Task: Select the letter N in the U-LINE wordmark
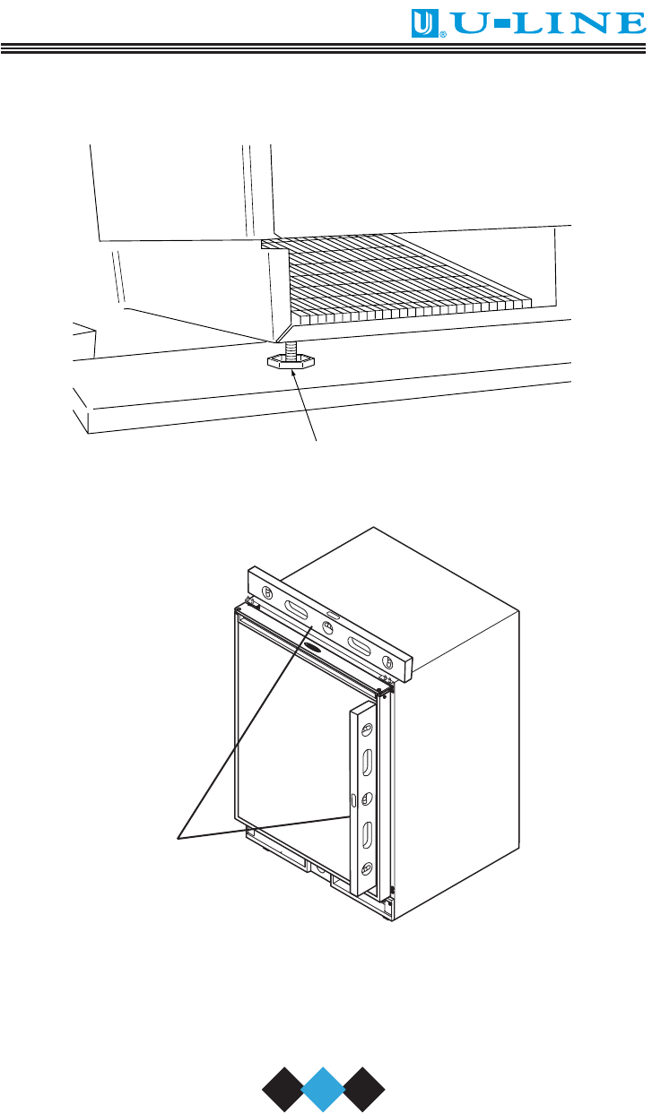[589, 23]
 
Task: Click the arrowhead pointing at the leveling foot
[293, 375]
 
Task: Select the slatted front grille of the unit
[398, 279]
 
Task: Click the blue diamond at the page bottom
[323, 1089]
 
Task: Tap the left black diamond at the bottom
[283, 1089]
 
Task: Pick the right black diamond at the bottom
[364, 1089]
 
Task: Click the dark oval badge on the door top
[313, 647]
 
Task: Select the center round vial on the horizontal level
[327, 627]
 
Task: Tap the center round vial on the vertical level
[367, 798]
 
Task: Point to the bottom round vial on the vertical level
[367, 867]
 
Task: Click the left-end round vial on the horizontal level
[267, 592]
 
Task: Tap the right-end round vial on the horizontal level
[388, 662]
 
